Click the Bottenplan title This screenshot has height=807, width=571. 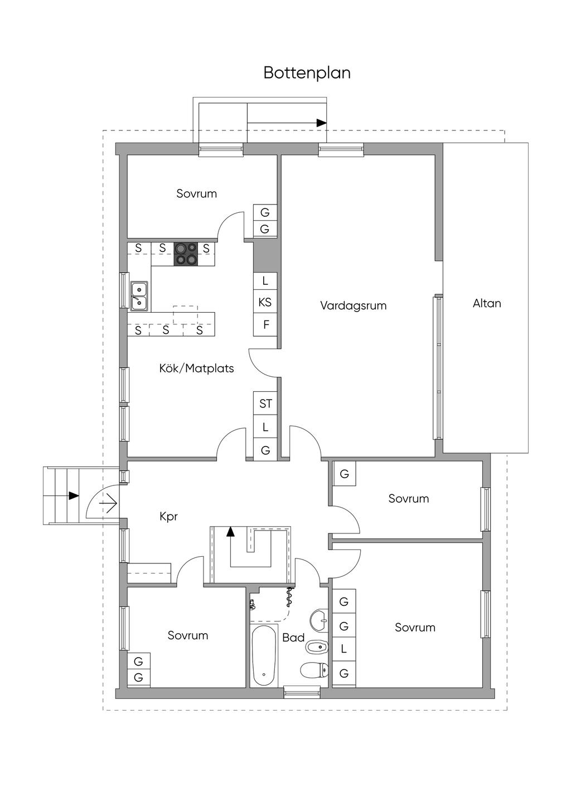click(307, 73)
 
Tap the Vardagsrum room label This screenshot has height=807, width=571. click(353, 305)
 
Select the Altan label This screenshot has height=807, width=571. click(487, 303)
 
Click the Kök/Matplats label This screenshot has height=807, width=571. click(196, 368)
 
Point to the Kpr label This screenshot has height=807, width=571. click(168, 517)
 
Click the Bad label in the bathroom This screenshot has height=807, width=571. click(293, 638)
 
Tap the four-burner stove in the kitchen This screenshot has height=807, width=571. click(186, 254)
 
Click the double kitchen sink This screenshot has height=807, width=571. click(139, 296)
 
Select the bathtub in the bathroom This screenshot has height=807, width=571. click(264, 655)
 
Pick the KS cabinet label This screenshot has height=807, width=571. click(265, 302)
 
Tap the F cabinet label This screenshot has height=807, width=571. click(266, 324)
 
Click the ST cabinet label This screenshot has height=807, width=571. click(265, 403)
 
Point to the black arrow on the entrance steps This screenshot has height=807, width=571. click(74, 495)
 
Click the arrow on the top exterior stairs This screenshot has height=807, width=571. click(321, 123)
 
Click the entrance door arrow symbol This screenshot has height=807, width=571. click(108, 504)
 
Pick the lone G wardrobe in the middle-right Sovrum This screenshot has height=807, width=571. click(344, 474)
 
